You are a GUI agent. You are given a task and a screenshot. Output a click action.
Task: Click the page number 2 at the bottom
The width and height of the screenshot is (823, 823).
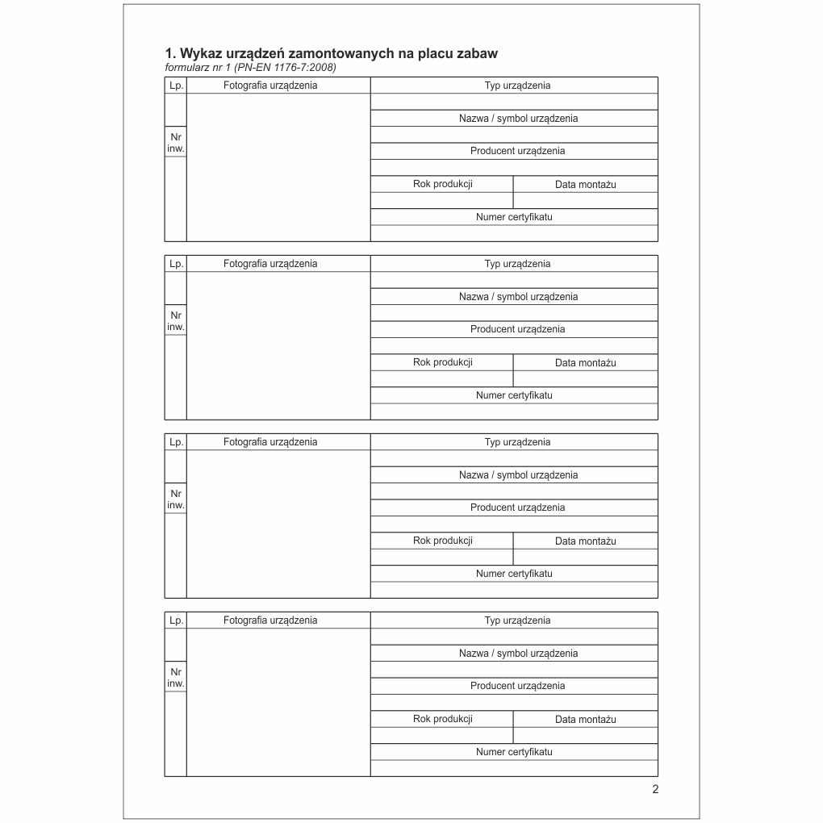(655, 789)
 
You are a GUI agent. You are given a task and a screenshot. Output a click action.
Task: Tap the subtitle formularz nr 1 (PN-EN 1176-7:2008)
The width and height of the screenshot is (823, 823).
(250, 67)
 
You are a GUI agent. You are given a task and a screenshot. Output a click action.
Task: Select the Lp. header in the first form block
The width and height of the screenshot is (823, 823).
(175, 85)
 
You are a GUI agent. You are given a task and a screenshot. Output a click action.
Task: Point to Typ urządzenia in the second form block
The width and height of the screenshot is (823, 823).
(517, 263)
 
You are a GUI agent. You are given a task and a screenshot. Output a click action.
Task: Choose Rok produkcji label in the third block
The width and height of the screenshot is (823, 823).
(442, 541)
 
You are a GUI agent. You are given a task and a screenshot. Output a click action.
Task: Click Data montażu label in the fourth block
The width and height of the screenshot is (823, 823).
(585, 719)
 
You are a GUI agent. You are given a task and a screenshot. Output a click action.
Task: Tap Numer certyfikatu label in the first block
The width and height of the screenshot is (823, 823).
(514, 216)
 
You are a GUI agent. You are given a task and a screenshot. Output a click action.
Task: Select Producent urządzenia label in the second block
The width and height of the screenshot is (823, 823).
(517, 329)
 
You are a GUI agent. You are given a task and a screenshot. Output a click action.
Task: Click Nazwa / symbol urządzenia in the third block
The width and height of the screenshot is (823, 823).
(518, 475)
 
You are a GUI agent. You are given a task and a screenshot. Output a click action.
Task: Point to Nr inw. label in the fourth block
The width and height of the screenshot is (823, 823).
(175, 677)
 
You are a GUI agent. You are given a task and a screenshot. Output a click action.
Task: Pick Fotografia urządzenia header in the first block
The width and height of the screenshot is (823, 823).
(270, 85)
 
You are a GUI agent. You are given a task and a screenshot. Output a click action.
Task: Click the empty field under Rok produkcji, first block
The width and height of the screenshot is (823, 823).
(442, 200)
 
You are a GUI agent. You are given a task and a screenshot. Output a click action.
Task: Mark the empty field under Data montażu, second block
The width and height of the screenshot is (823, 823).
(585, 378)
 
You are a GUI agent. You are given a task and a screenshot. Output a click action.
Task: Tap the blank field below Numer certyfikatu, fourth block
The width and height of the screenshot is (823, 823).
(514, 768)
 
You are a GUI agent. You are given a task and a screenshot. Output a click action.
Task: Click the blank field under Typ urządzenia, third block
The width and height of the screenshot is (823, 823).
(514, 458)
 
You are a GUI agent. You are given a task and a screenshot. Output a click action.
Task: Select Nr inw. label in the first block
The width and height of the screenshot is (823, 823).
(175, 142)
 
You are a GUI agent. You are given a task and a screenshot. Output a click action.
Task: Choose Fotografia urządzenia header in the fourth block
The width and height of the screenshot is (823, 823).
(270, 620)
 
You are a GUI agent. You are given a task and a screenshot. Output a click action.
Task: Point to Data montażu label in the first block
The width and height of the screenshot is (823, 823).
(585, 184)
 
